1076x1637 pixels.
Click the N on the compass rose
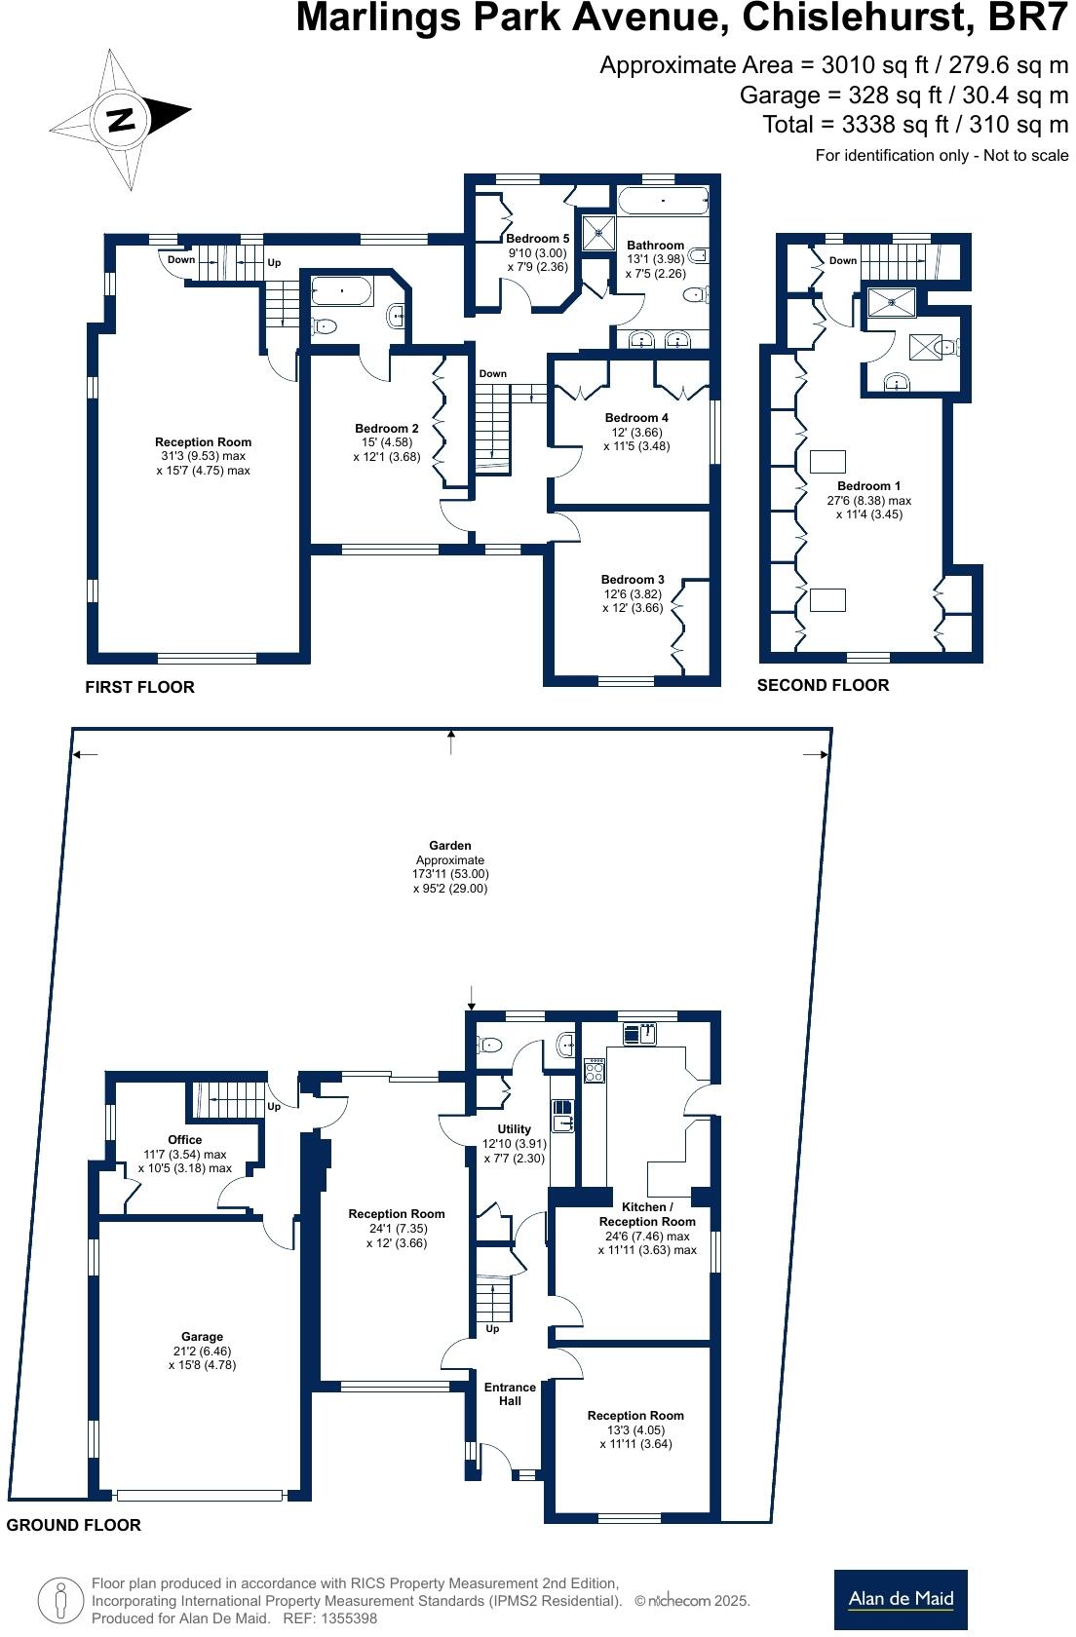pyautogui.click(x=120, y=119)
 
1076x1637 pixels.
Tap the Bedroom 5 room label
pyautogui.click(x=537, y=238)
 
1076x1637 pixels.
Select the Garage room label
pyautogui.click(x=202, y=1337)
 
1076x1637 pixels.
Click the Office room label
pyautogui.click(x=185, y=1140)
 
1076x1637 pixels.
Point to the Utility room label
pyautogui.click(x=514, y=1129)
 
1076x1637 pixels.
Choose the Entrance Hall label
pyautogui.click(x=511, y=1393)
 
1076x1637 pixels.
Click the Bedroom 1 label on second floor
pyautogui.click(x=868, y=486)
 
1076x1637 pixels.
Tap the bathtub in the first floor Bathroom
pyautogui.click(x=663, y=201)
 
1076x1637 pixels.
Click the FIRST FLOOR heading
pyautogui.click(x=139, y=687)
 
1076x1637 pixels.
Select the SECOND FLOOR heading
pyautogui.click(x=823, y=686)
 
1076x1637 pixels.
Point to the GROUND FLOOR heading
pyautogui.click(x=74, y=1525)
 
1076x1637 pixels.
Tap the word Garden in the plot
pyautogui.click(x=450, y=846)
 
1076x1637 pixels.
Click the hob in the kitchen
pyautogui.click(x=595, y=1071)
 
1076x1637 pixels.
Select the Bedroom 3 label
pyautogui.click(x=633, y=580)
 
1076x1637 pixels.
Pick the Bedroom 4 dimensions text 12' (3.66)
pyautogui.click(x=636, y=432)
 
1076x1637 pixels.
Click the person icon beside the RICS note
pyautogui.click(x=60, y=1600)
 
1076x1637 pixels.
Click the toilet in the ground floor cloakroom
pyautogui.click(x=489, y=1046)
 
